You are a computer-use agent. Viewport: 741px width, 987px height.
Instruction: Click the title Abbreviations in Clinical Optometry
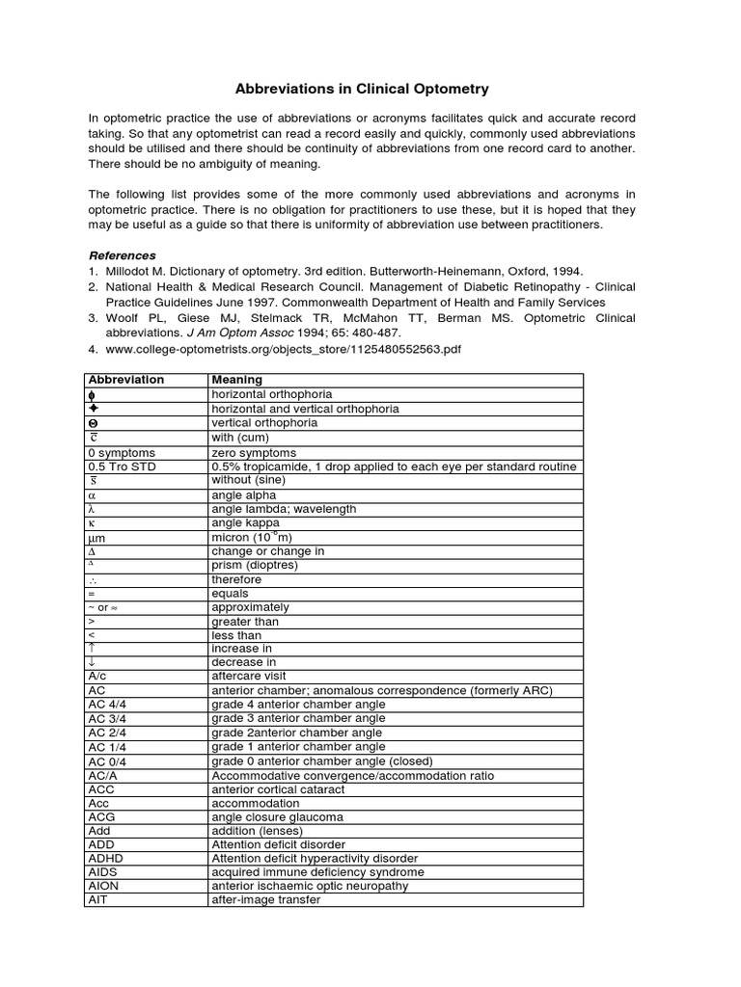[370, 89]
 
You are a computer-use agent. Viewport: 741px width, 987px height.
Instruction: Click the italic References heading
[122, 255]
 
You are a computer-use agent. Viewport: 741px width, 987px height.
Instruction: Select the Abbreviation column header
[125, 380]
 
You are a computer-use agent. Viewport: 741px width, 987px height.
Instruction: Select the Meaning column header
[237, 380]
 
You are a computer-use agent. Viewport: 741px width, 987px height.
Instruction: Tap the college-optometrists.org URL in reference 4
[281, 348]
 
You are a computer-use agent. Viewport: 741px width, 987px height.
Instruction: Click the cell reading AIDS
[101, 872]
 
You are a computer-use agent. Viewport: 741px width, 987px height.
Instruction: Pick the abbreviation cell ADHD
[105, 858]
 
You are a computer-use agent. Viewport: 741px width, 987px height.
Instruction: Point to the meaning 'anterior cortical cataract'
[277, 788]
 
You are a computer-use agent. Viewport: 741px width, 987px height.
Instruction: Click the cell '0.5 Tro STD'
[121, 467]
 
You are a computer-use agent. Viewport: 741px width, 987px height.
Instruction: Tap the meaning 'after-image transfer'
[265, 900]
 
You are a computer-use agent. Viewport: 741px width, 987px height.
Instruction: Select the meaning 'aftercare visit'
[249, 677]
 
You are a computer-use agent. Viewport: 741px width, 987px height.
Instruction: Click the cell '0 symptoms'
[121, 452]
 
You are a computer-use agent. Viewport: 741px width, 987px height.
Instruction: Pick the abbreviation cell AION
[101, 886]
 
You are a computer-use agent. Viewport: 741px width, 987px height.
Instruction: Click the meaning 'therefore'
[235, 579]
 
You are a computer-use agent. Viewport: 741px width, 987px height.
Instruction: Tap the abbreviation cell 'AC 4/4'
[105, 705]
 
